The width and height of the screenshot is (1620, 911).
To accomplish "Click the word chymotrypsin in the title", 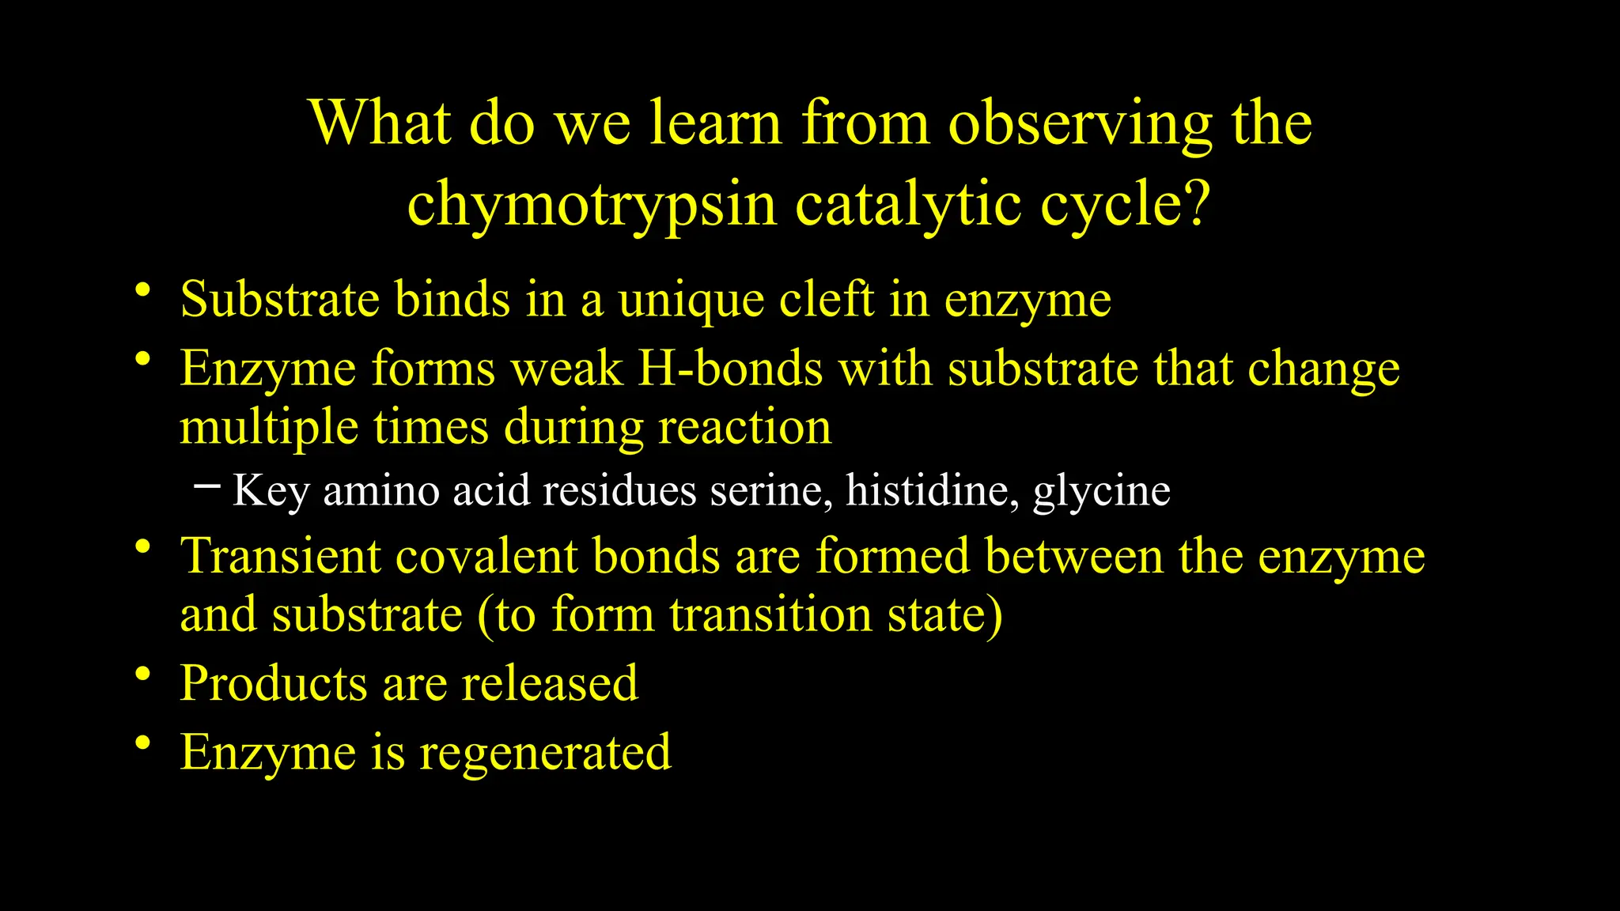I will tap(592, 205).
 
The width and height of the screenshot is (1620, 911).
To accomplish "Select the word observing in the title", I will tap(1080, 125).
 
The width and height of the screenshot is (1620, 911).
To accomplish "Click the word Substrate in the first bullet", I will tap(279, 300).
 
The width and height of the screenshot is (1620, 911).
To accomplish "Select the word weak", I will tap(567, 369).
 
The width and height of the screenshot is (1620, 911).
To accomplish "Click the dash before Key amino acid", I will tap(206, 486).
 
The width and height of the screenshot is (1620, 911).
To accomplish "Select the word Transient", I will tap(281, 556).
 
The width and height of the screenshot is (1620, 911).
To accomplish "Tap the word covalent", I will tap(486, 556).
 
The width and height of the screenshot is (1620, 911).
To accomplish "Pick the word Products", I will tap(273, 683).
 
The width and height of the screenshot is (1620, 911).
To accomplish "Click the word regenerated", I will tap(545, 754).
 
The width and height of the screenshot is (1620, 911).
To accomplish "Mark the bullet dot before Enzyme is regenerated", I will tap(142, 743).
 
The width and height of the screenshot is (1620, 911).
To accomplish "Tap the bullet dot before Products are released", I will tap(142, 675).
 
